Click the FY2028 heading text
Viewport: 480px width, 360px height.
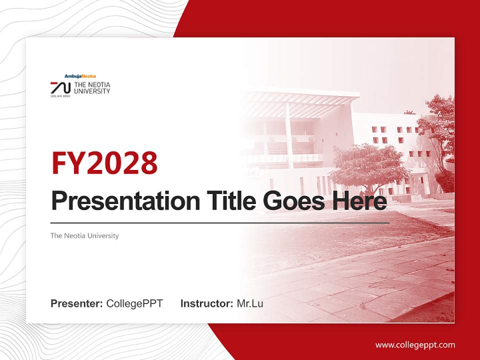[x=104, y=163]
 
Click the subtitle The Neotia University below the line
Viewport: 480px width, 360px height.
[x=84, y=235]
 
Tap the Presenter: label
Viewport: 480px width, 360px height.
[x=77, y=303]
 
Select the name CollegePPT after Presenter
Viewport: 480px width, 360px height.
[x=134, y=303]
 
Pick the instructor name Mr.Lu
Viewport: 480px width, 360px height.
[x=250, y=303]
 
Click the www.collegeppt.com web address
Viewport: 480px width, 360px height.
[x=415, y=344]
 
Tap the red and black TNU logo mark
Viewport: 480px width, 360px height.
[x=60, y=87]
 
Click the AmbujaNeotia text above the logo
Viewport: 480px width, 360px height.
[x=80, y=76]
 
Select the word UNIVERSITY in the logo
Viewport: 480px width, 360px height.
[x=92, y=91]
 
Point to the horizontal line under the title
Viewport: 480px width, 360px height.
[x=220, y=222]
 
